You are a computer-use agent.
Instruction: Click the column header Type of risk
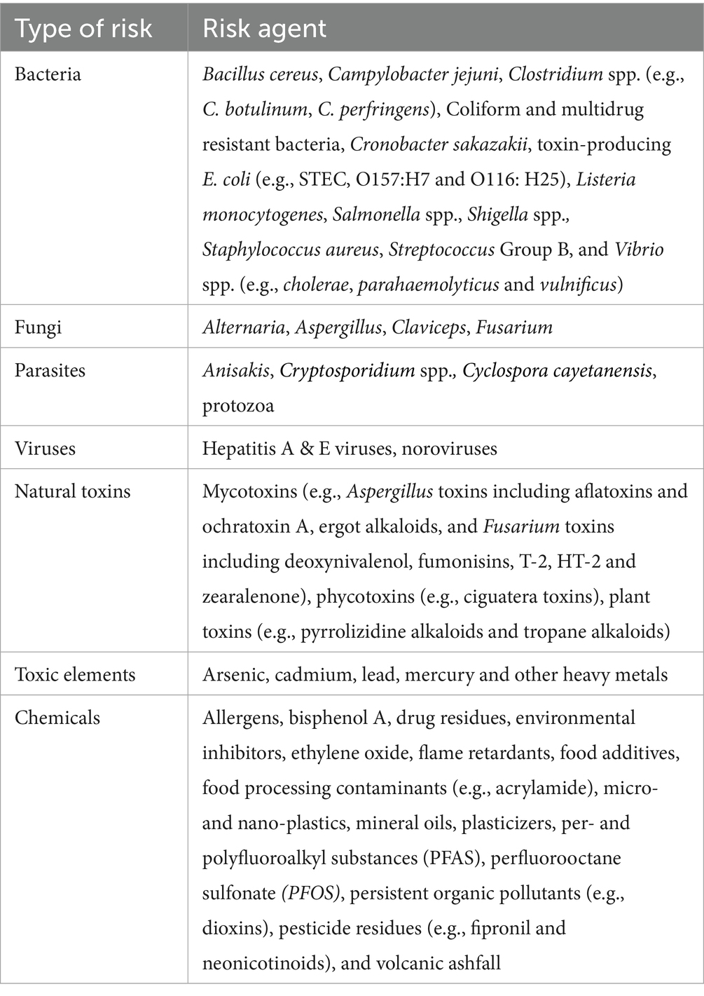click(x=83, y=28)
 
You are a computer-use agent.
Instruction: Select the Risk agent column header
click(x=264, y=28)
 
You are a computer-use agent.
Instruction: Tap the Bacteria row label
click(x=48, y=74)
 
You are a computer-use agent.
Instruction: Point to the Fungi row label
click(x=38, y=327)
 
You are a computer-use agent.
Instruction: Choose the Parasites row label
click(x=50, y=370)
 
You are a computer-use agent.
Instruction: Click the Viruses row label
click(x=45, y=449)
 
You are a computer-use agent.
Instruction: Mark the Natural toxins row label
click(x=72, y=491)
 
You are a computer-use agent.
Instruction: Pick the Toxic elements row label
click(x=75, y=675)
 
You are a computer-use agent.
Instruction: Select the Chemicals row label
click(x=57, y=718)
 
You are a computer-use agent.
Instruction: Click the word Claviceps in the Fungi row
click(x=429, y=327)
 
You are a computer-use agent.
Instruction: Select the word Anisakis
click(x=235, y=370)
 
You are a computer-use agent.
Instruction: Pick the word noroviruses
click(x=449, y=449)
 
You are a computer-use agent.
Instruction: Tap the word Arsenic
click(x=234, y=675)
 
